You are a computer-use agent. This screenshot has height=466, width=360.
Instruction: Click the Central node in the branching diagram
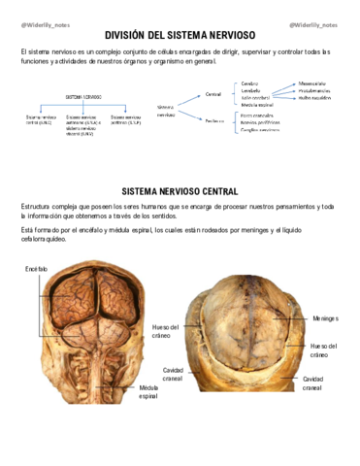point(213,94)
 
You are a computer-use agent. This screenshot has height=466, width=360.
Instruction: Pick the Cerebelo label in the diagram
point(251,90)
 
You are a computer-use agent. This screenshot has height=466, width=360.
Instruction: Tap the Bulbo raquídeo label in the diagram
point(315,98)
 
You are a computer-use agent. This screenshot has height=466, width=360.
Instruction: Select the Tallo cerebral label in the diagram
point(256,98)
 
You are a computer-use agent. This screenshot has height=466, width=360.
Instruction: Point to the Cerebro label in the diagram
point(249,83)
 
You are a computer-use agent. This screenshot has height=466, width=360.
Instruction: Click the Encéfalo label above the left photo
point(35,268)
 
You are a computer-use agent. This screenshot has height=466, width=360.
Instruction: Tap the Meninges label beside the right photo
point(325,317)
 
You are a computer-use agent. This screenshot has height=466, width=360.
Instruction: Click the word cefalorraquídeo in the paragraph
point(47,239)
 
